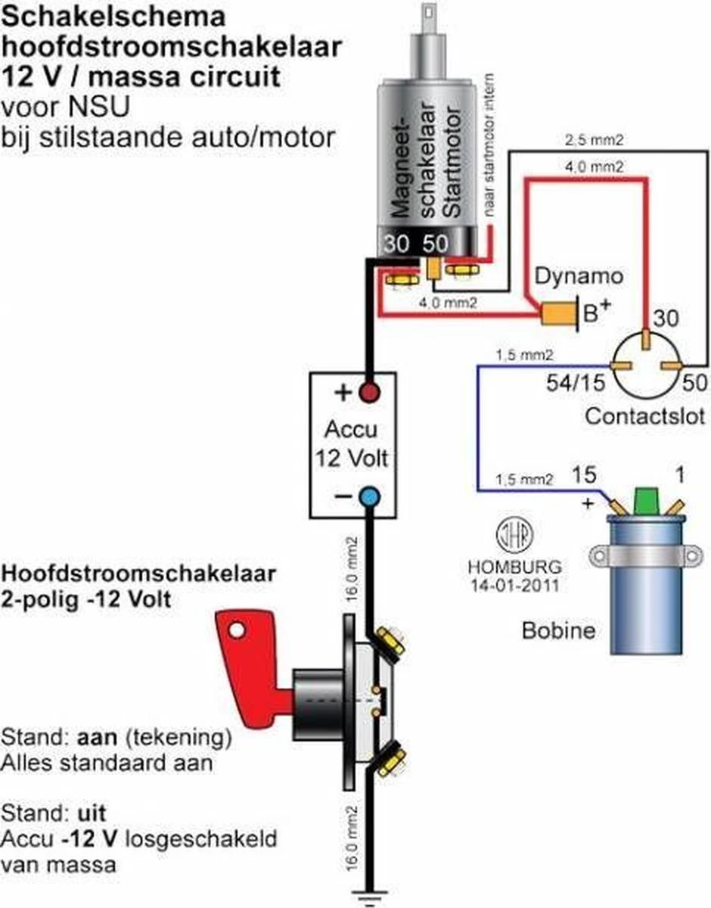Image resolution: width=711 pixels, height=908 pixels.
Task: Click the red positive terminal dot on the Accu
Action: tap(369, 393)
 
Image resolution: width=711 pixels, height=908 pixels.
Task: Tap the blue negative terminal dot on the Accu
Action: tap(369, 497)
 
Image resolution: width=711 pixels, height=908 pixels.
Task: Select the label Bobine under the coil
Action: tap(558, 630)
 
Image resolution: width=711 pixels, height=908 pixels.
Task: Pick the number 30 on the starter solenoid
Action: tap(396, 244)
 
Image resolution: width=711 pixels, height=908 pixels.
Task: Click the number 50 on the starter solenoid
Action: tap(435, 244)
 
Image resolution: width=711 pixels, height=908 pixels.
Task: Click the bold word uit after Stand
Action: tap(90, 814)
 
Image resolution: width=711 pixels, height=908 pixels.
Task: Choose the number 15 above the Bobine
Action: tap(583, 475)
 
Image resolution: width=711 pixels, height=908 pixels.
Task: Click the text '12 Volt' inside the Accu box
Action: tap(350, 459)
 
